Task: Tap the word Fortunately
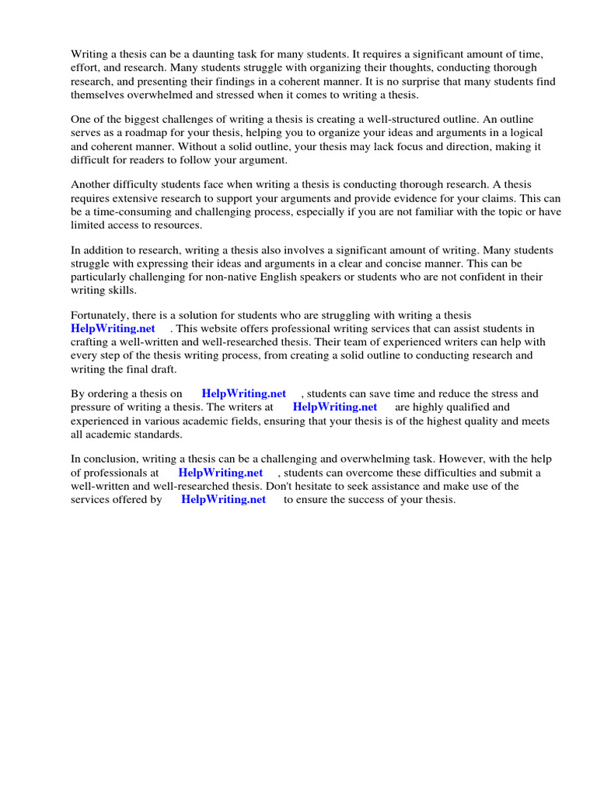click(x=102, y=315)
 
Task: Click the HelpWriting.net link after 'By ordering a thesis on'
click(x=243, y=393)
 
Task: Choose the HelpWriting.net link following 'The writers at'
click(x=334, y=407)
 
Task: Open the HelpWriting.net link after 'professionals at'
click(x=220, y=473)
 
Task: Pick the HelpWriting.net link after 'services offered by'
click(x=223, y=499)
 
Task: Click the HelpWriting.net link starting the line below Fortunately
click(x=113, y=328)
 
